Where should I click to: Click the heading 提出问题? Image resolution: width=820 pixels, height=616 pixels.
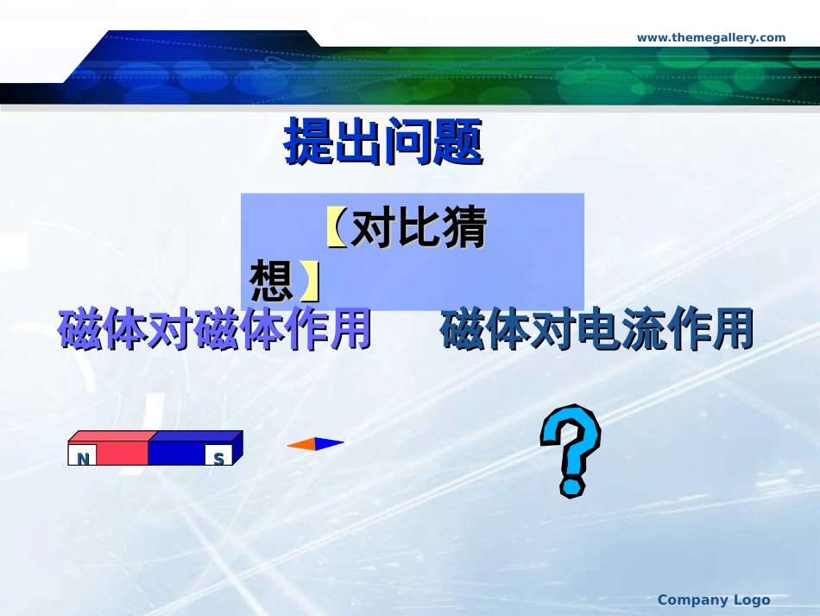click(383, 143)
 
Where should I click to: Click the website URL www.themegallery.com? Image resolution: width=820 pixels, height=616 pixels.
click(711, 37)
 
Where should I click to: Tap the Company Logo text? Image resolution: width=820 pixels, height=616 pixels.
click(713, 600)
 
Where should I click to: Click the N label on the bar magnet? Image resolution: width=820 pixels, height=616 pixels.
click(83, 458)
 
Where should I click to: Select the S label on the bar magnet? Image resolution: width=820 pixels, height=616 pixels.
click(218, 458)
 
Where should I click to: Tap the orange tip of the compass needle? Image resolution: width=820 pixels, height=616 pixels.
click(300, 444)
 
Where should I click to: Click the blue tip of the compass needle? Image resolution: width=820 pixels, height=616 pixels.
click(330, 444)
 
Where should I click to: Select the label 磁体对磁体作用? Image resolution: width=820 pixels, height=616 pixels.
click(215, 330)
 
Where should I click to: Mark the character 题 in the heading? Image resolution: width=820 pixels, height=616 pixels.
click(458, 143)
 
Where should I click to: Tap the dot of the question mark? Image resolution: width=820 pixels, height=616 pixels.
click(571, 487)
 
